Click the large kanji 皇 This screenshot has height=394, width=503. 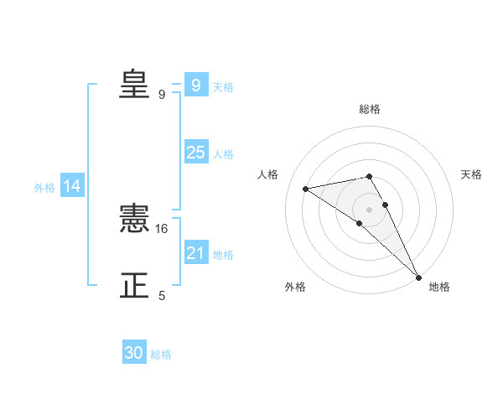point(134,84)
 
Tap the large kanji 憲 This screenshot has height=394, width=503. point(134,219)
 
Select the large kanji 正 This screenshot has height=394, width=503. point(134,286)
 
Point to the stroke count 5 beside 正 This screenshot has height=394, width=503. point(162,296)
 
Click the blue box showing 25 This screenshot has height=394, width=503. point(196,153)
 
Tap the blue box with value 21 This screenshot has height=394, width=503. point(196,253)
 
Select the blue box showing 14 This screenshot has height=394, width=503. point(72,187)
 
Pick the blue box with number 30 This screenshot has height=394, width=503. point(134,353)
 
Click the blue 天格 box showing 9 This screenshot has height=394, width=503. point(196,86)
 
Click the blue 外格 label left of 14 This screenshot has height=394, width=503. point(44,188)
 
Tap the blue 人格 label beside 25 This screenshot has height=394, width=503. point(223,154)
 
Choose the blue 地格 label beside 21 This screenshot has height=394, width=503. point(223,255)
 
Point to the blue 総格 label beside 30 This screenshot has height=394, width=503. point(161,355)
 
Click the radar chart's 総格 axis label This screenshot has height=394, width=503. point(370,109)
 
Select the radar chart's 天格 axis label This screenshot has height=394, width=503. point(471,174)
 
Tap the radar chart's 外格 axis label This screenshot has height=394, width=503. point(295,287)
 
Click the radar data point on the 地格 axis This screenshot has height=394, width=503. point(419,277)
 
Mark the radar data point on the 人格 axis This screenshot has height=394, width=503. point(306,189)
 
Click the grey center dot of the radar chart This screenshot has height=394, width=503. point(370,209)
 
